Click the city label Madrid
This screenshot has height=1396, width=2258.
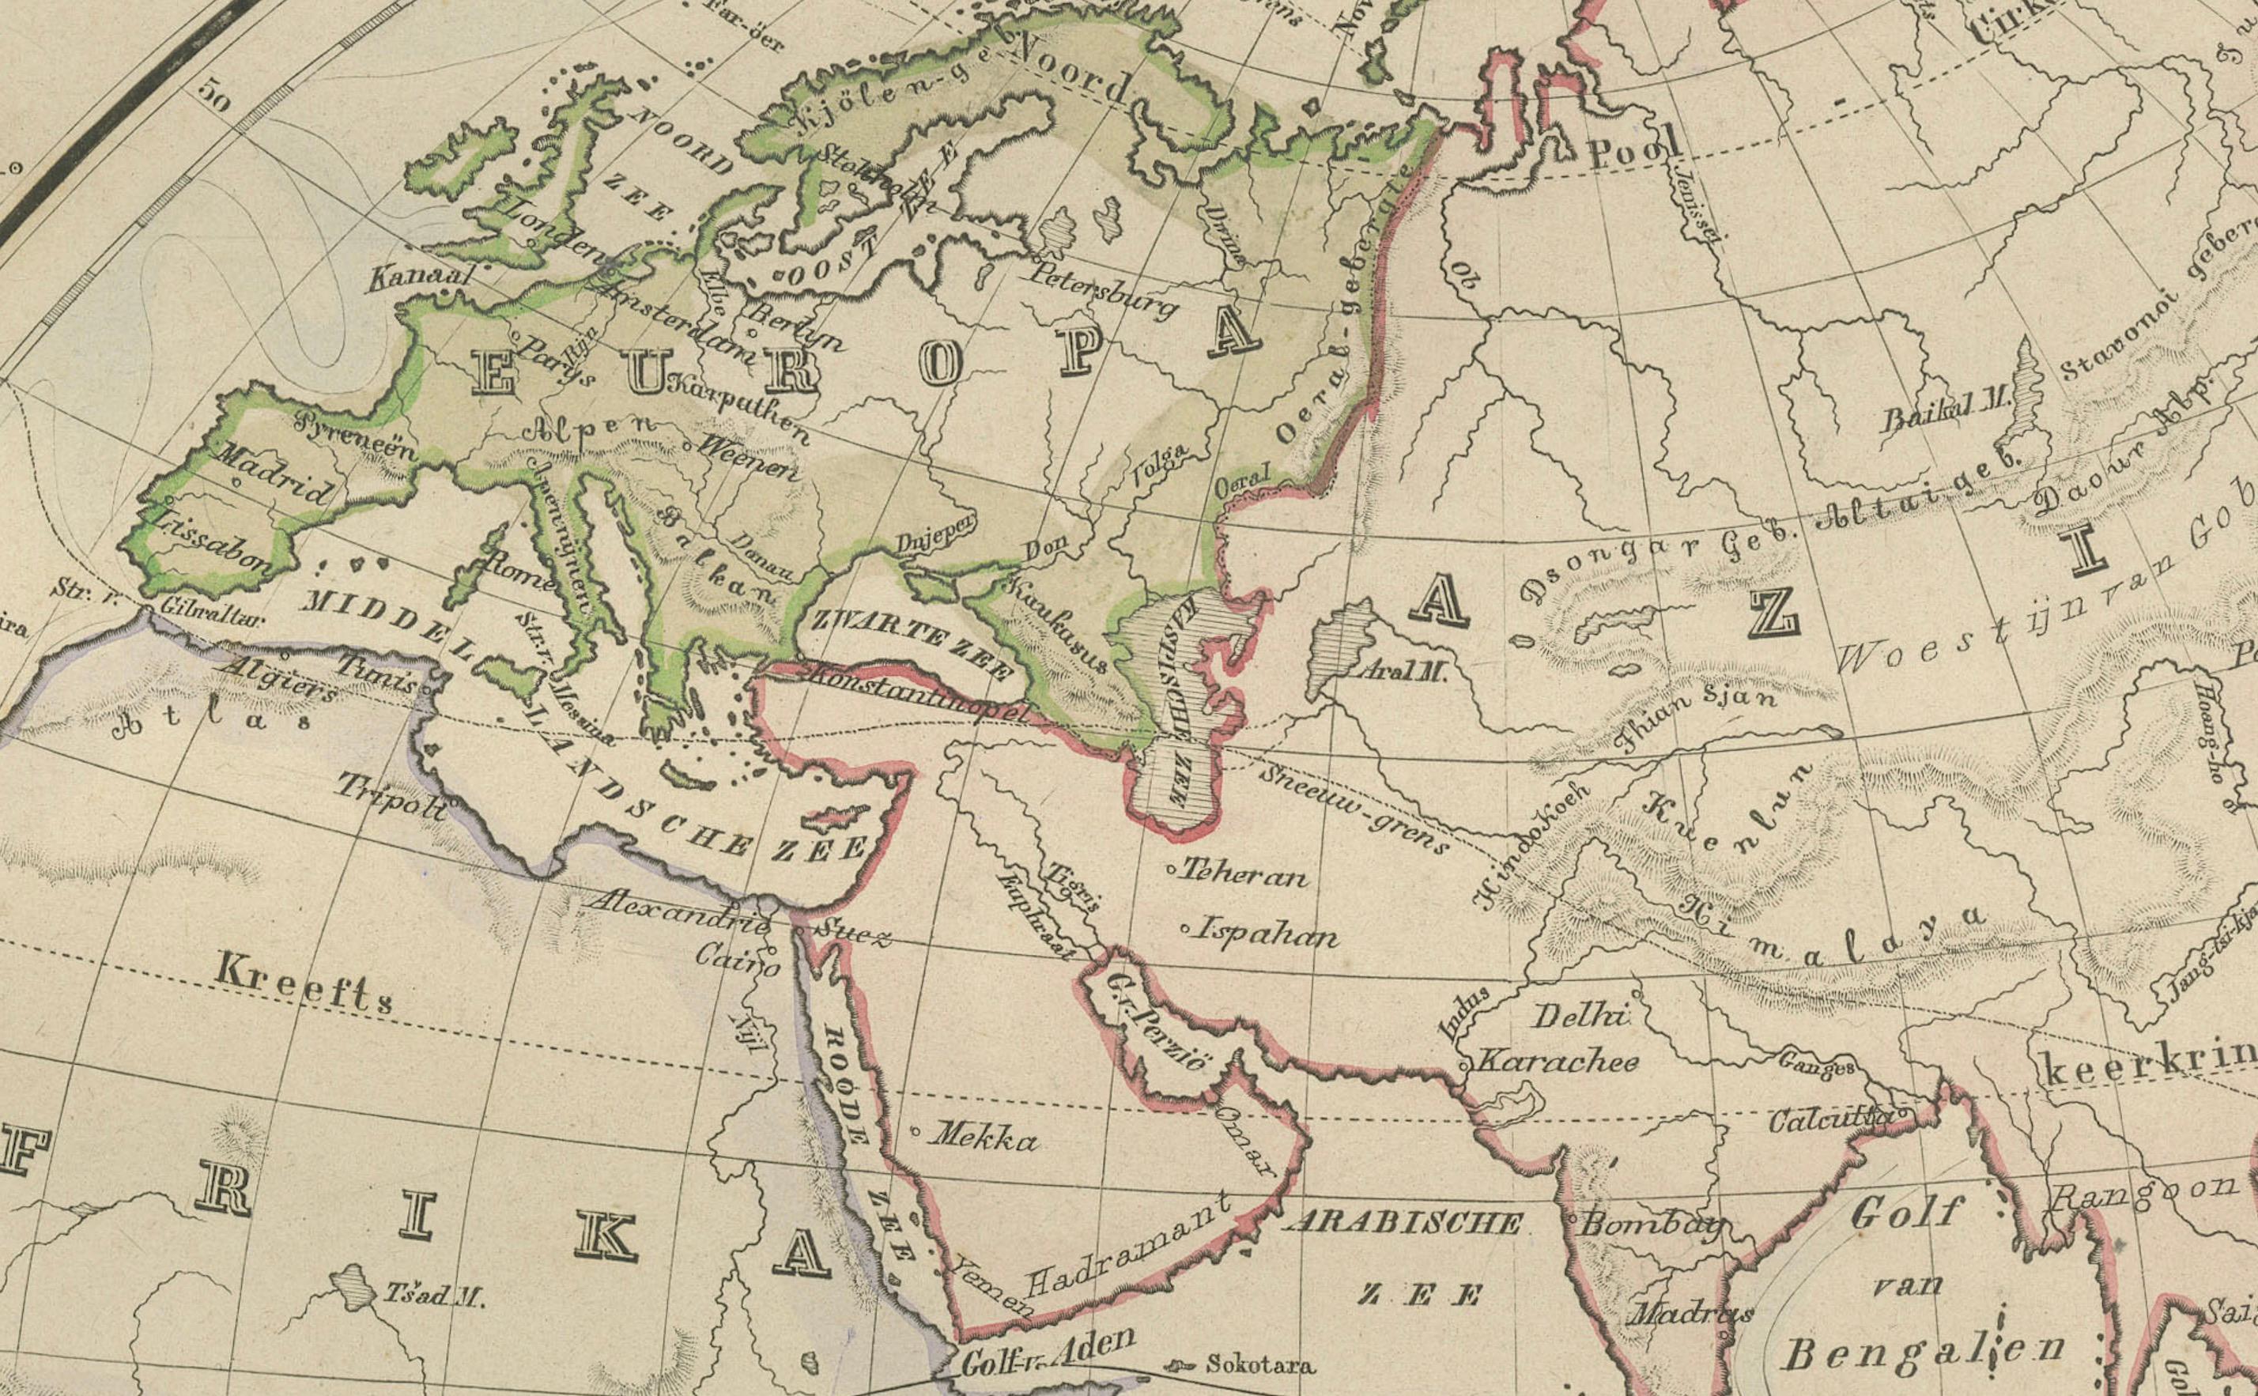click(x=274, y=473)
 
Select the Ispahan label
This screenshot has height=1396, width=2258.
click(x=1265, y=934)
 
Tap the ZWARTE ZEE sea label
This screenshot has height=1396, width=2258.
click(x=909, y=642)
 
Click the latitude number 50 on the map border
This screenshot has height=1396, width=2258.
click(x=213, y=96)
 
